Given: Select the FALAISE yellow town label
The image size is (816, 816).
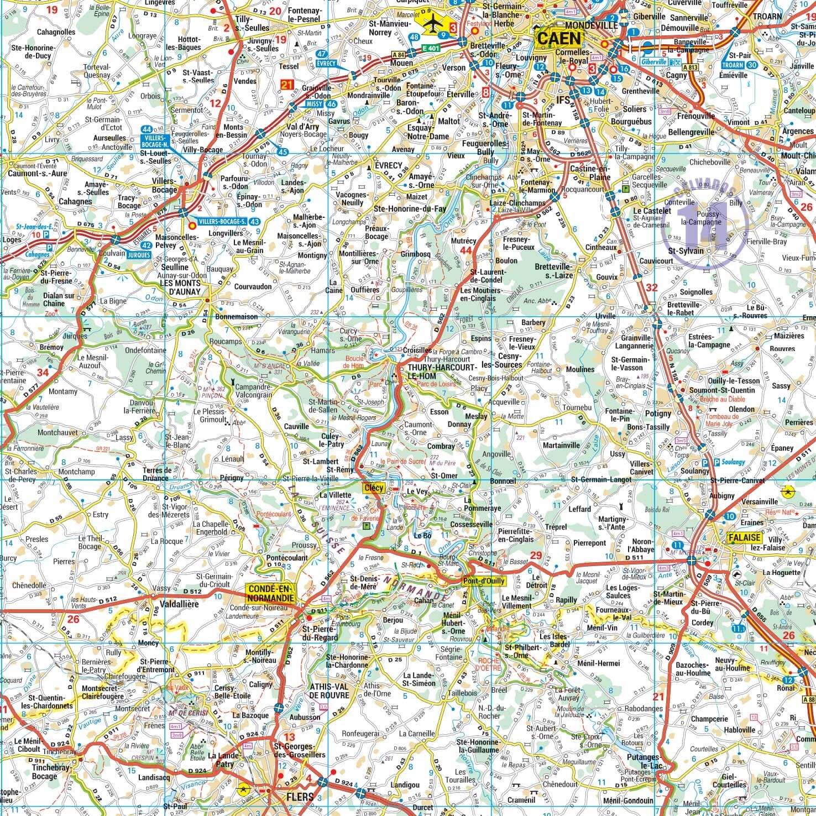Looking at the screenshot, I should pyautogui.click(x=744, y=538).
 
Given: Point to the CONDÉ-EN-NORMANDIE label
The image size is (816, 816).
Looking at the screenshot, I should pyautogui.click(x=271, y=593).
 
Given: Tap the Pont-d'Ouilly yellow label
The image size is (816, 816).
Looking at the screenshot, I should pyautogui.click(x=484, y=581).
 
